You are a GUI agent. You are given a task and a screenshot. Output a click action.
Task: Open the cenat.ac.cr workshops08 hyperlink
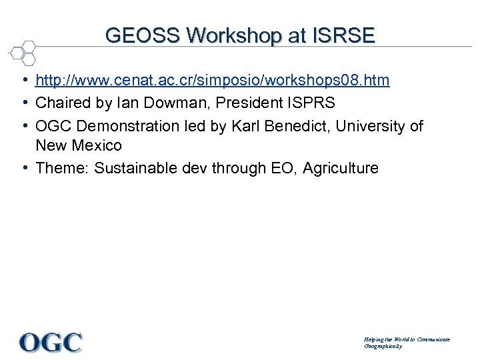212,81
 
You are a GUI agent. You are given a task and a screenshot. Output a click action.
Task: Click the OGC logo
51,343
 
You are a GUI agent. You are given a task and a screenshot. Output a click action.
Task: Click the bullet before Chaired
24,103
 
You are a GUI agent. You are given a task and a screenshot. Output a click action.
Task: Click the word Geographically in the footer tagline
383,347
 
